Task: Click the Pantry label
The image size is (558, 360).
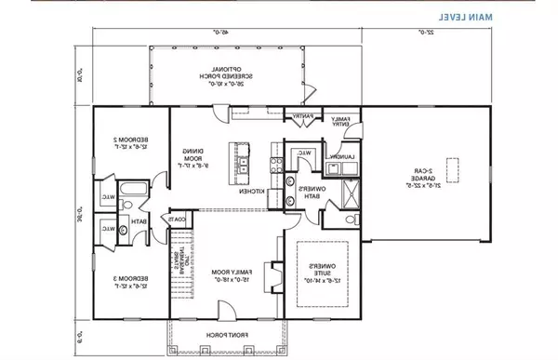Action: (x=303, y=116)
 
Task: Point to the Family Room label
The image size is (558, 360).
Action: (x=223, y=270)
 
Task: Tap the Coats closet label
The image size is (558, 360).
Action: (x=177, y=219)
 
